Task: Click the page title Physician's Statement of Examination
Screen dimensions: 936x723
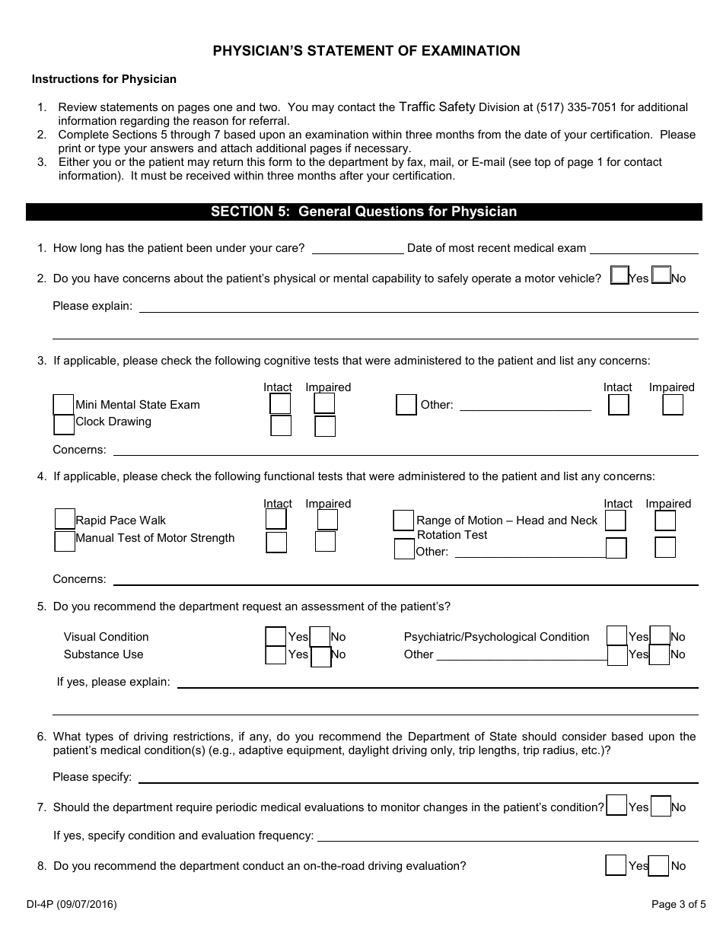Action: pyautogui.click(x=366, y=51)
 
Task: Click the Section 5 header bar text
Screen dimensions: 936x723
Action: pyautogui.click(x=364, y=212)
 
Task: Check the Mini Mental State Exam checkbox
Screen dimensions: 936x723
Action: pyautogui.click(x=64, y=404)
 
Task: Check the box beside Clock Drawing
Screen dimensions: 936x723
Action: pyautogui.click(x=64, y=423)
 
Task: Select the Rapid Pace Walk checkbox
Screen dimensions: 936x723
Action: pyautogui.click(x=65, y=519)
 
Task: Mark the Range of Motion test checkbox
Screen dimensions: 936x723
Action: pyautogui.click(x=403, y=521)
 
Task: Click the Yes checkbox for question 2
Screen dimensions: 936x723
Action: pyautogui.click(x=619, y=275)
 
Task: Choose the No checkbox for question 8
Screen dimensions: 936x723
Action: pyautogui.click(x=659, y=865)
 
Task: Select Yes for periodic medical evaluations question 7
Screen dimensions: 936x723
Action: pyautogui.click(x=617, y=806)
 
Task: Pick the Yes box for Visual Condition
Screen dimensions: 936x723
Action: pyautogui.click(x=276, y=636)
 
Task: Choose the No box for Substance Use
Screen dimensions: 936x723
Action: pyautogui.click(x=321, y=656)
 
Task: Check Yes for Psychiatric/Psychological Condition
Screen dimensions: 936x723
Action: pyautogui.click(x=616, y=636)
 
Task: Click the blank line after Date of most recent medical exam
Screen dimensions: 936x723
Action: pyautogui.click(x=644, y=248)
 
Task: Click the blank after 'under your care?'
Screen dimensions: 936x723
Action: pyautogui.click(x=358, y=248)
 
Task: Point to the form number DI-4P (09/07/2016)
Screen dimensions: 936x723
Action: pyautogui.click(x=72, y=905)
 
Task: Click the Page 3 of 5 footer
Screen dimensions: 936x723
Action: pyautogui.click(x=679, y=905)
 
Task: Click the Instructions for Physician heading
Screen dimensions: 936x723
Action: pyautogui.click(x=104, y=79)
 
